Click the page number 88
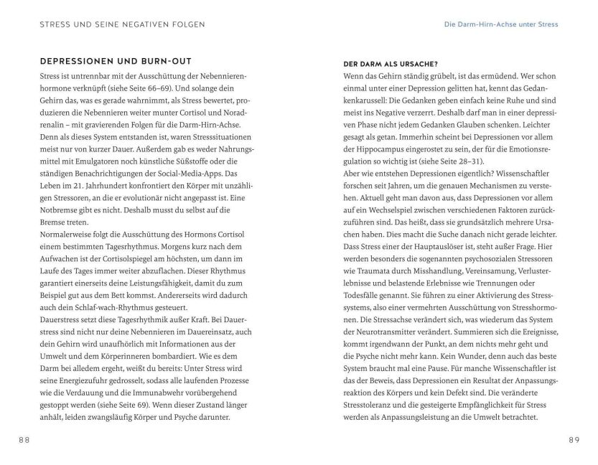click(x=24, y=439)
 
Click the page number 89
click(x=573, y=439)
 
